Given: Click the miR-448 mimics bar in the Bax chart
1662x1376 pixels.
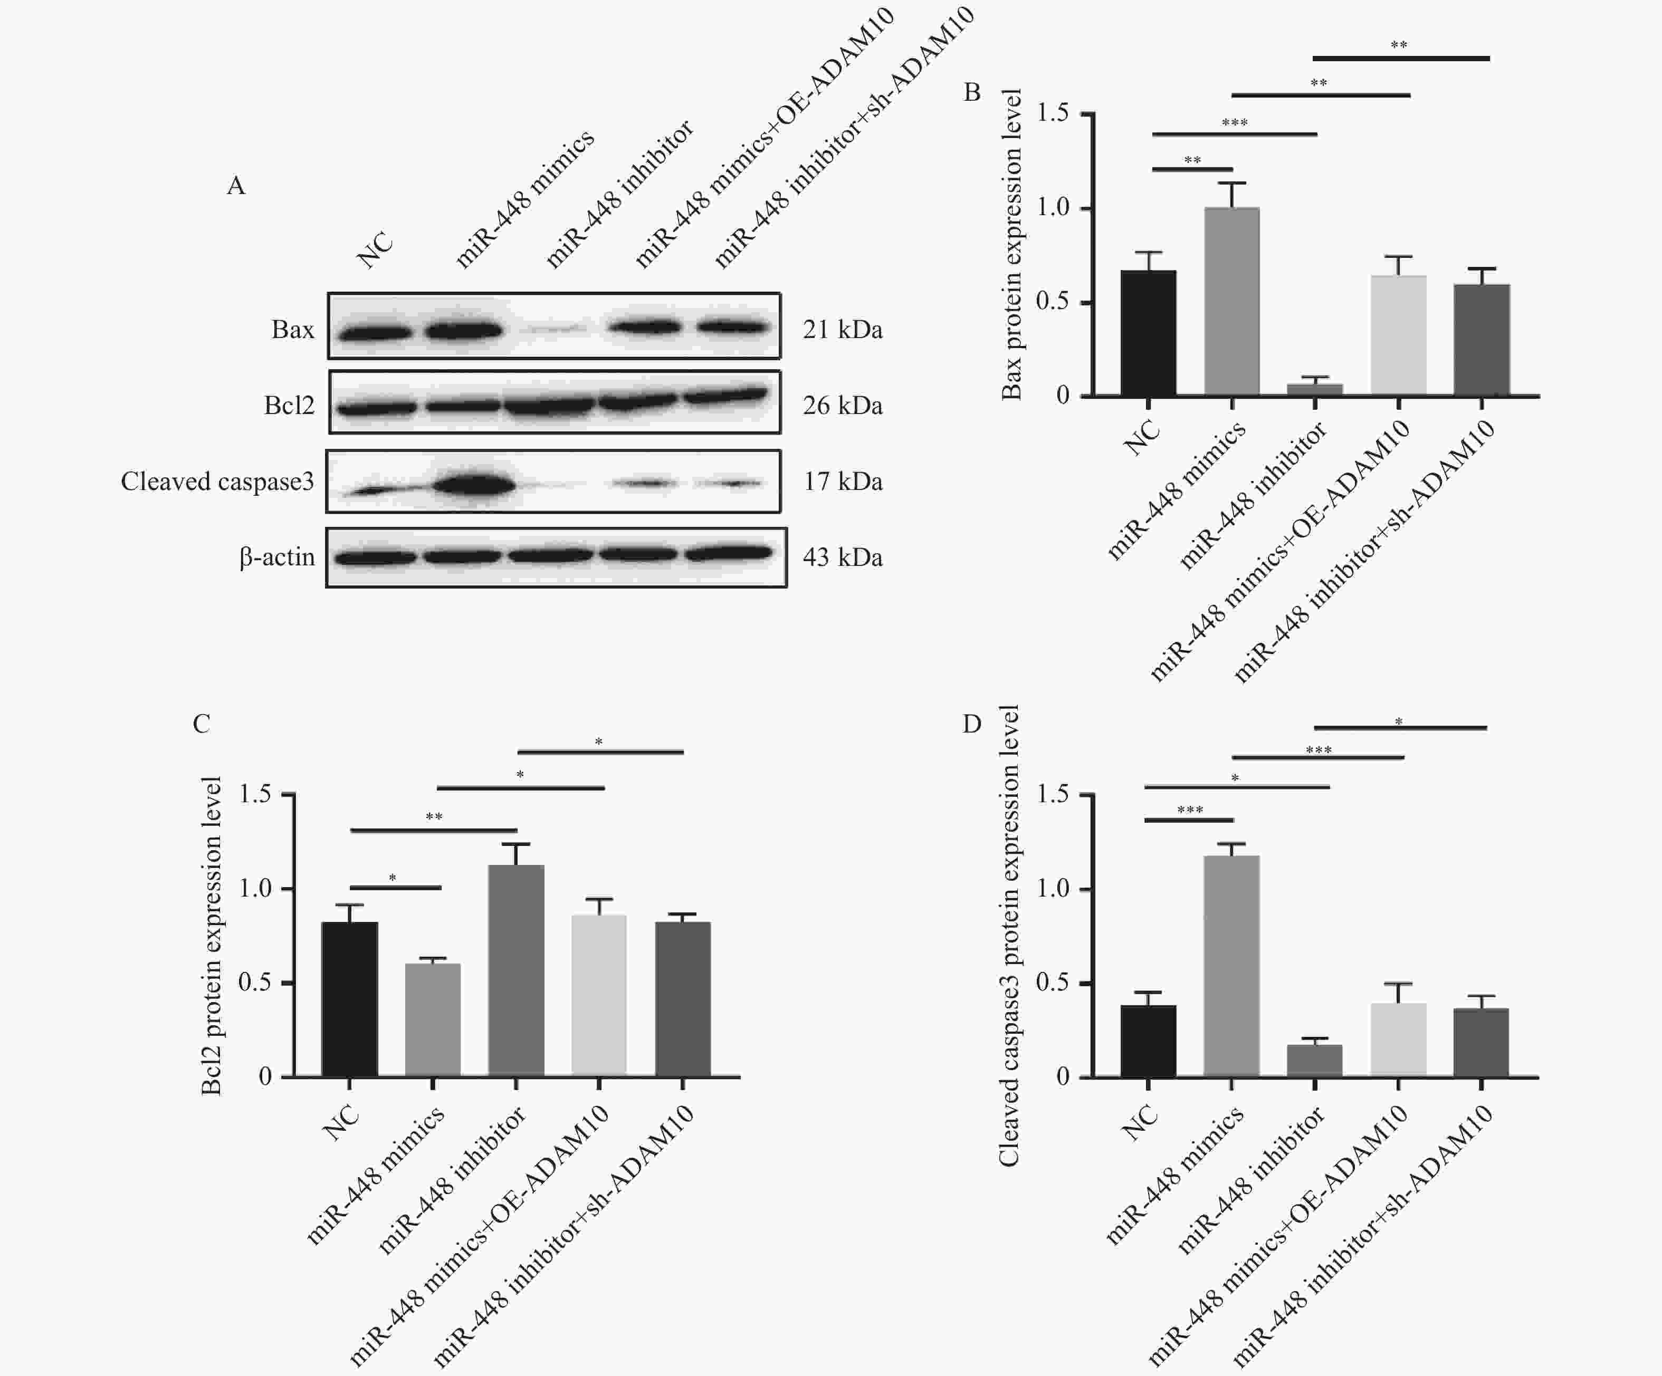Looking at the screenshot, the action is [x=1231, y=302].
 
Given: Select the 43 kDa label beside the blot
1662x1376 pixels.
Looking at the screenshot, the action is [x=842, y=557].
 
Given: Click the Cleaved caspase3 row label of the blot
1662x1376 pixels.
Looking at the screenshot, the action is [x=217, y=481].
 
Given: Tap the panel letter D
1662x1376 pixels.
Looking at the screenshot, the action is [x=972, y=723].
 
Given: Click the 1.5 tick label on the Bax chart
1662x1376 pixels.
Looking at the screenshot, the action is [x=1053, y=113].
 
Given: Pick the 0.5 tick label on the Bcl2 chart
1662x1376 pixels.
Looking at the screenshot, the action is [x=255, y=982].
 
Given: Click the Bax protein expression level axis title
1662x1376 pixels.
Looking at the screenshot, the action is [x=1011, y=245].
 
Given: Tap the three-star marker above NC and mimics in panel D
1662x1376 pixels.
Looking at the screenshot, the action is [x=1189, y=810].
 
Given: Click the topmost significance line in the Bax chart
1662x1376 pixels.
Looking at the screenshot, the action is [x=1401, y=58].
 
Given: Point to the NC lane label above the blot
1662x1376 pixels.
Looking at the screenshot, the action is [x=375, y=249].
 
